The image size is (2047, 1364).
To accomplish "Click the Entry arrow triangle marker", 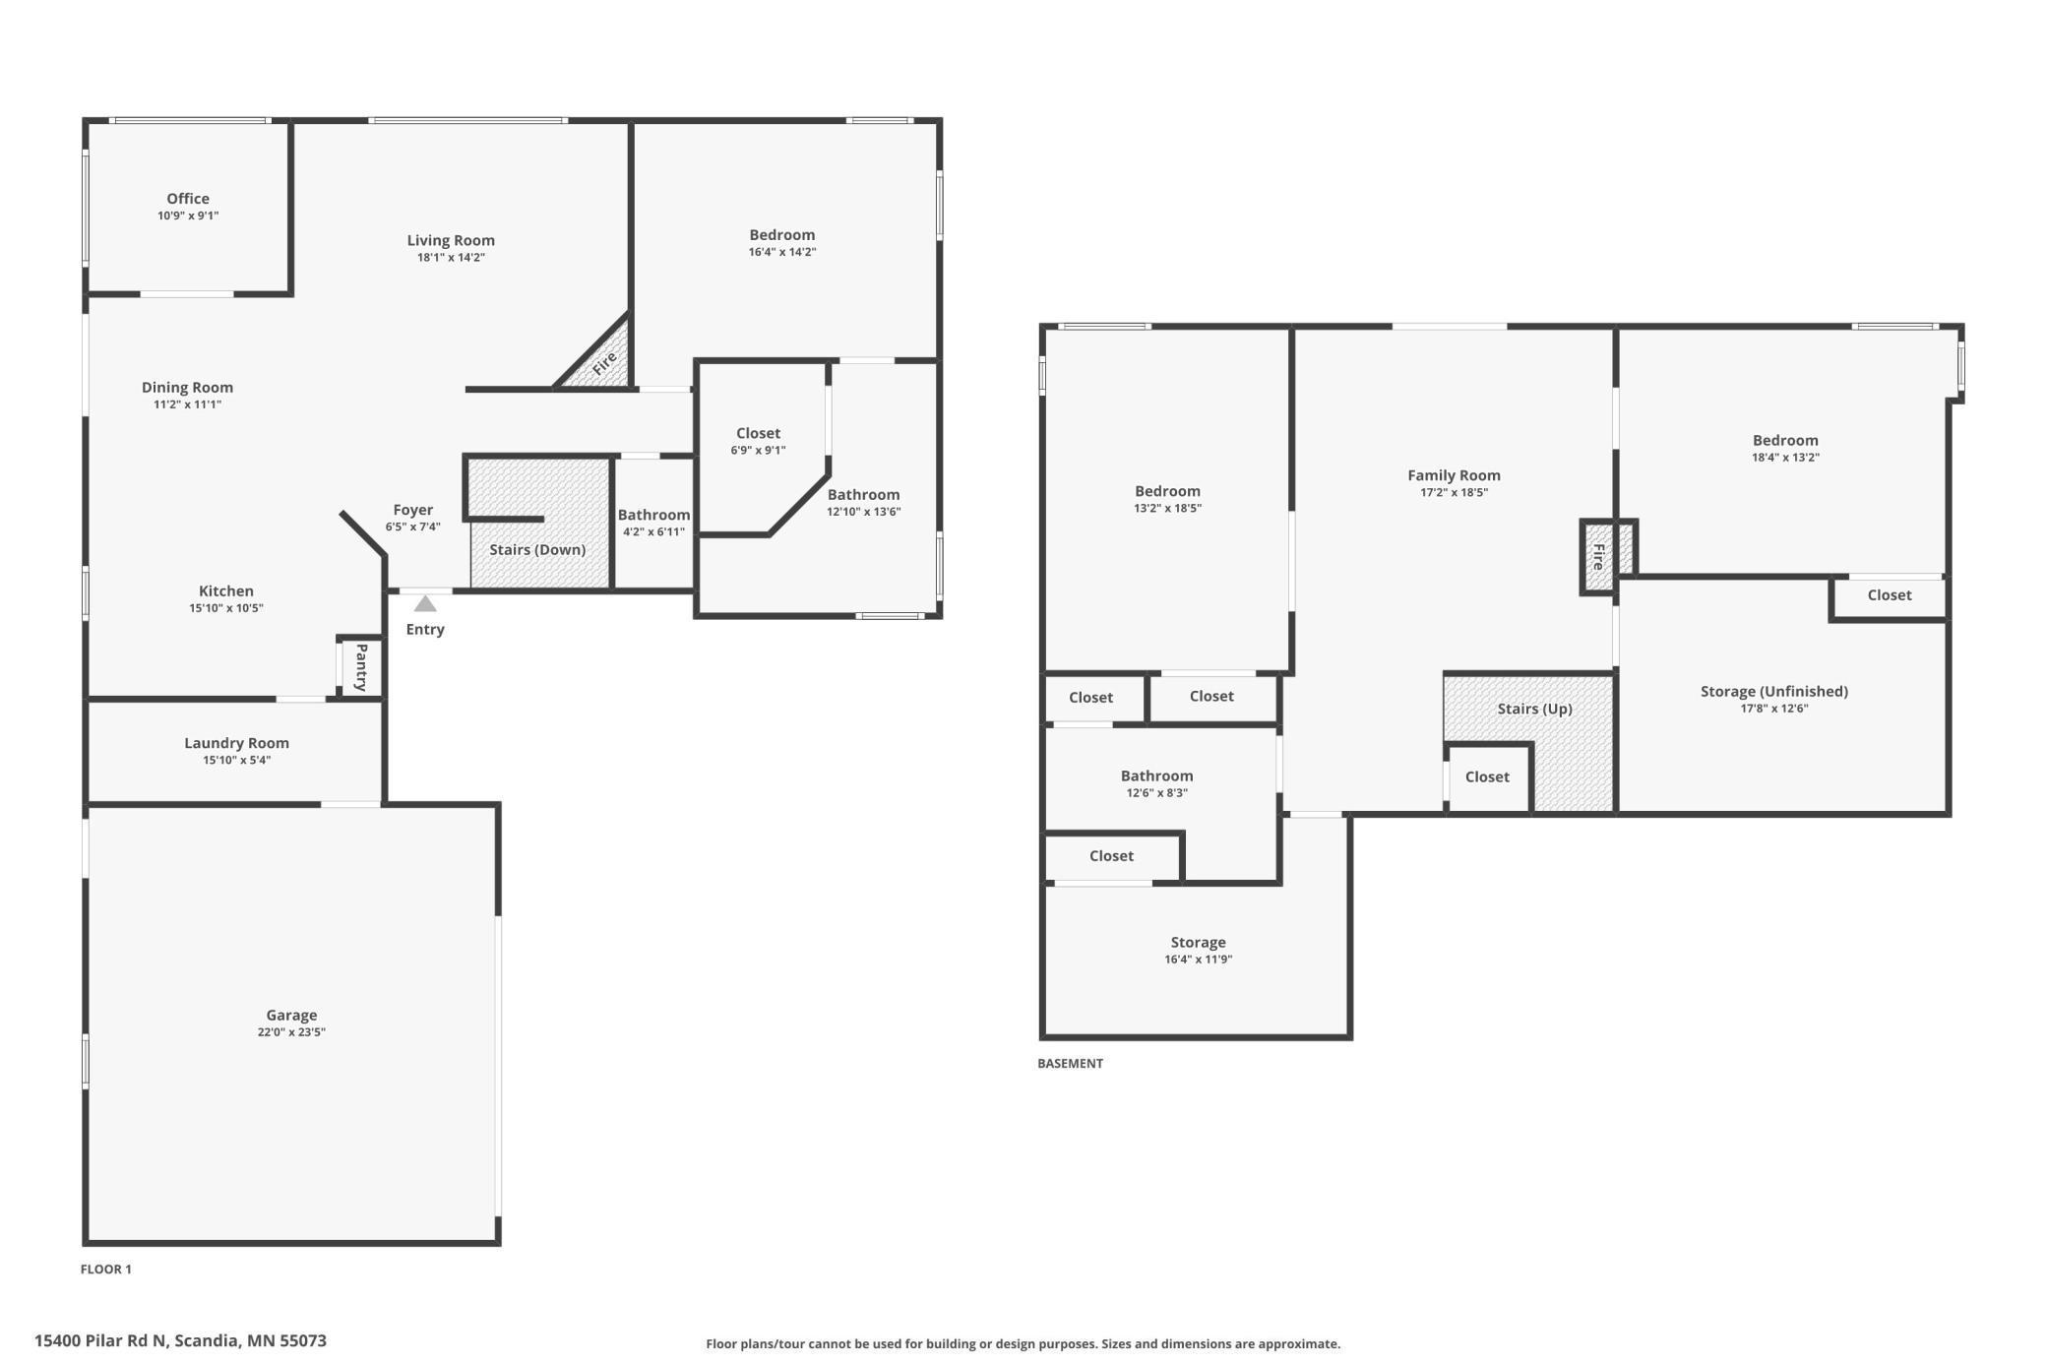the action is point(425,603).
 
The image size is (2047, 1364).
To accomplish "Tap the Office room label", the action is point(188,199).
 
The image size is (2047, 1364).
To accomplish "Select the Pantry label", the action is point(361,667).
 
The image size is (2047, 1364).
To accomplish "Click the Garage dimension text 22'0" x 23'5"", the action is point(291,1032).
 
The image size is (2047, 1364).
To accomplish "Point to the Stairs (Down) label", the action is point(537,550).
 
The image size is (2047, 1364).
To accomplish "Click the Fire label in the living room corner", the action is point(604,363).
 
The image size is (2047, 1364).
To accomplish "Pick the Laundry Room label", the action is point(236,743).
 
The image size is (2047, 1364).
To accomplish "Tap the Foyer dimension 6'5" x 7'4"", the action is point(413,527).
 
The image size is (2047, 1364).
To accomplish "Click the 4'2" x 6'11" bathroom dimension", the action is point(653,532).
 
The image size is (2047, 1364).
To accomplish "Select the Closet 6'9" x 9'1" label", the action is point(758,433).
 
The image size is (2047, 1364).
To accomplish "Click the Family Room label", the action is point(1454,475).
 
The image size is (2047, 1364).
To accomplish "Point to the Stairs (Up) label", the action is point(1535,709).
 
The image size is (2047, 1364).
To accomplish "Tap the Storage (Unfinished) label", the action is point(1774,691).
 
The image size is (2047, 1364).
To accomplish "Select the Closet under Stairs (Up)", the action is point(1487,776).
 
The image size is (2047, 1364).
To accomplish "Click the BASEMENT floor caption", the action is point(1070,1063).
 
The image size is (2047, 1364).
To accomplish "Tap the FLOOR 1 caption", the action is point(106,1269).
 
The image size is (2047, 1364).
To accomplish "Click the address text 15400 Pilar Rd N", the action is point(101,1340).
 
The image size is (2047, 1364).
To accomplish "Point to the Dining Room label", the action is point(187,388).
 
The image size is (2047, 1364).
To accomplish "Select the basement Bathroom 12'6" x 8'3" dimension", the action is point(1157,793).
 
